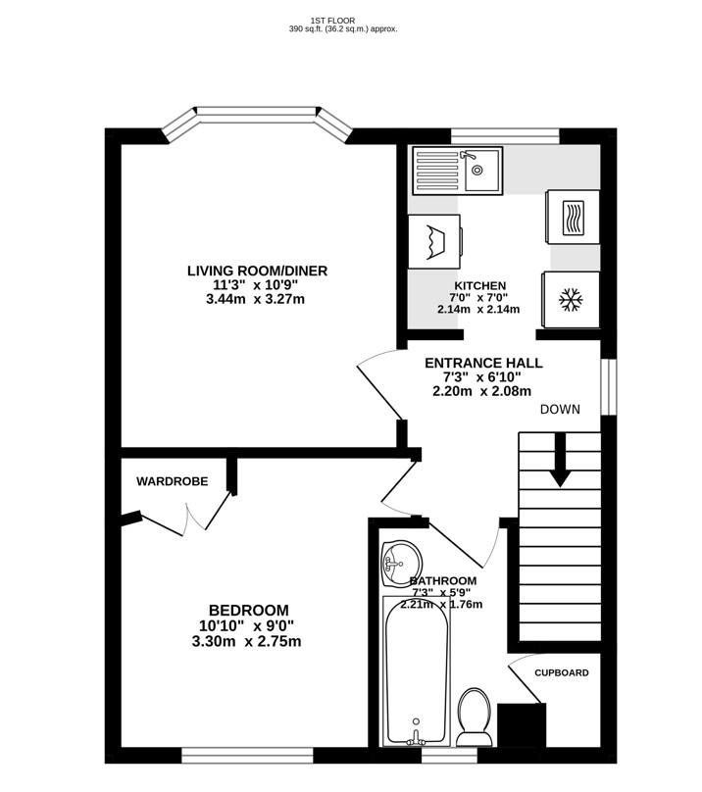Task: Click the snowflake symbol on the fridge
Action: [570, 300]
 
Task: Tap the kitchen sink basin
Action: [481, 170]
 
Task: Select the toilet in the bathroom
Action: [475, 717]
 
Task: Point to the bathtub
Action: [416, 671]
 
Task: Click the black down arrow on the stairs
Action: [561, 460]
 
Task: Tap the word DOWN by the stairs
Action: [560, 409]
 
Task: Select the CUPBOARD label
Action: [562, 672]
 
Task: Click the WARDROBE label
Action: [172, 481]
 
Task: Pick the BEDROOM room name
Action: [249, 610]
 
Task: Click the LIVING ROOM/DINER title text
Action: [257, 271]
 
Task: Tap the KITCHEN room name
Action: [479, 286]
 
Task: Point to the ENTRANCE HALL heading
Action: [483, 364]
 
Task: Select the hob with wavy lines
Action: [574, 218]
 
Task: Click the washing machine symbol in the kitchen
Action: [434, 242]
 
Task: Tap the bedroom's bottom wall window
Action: [248, 755]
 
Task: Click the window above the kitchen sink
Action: [505, 136]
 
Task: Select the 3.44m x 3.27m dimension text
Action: [255, 299]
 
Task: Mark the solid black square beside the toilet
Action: [522, 725]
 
